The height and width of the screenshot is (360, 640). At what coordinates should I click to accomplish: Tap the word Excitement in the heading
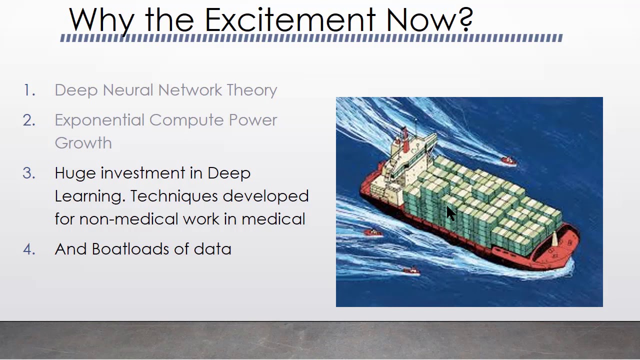point(290,20)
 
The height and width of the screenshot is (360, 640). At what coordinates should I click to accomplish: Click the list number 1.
point(29,90)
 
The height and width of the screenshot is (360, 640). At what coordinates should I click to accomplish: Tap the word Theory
point(251,90)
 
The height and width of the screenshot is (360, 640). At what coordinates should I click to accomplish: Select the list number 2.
point(29,120)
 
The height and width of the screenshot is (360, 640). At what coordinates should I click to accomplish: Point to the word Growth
point(83,143)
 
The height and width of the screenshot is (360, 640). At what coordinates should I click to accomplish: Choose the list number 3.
point(29,173)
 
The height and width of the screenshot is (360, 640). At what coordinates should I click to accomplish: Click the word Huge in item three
point(75,173)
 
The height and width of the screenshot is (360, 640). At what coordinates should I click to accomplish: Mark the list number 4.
point(29,249)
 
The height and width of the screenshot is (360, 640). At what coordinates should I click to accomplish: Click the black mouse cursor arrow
point(450,213)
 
